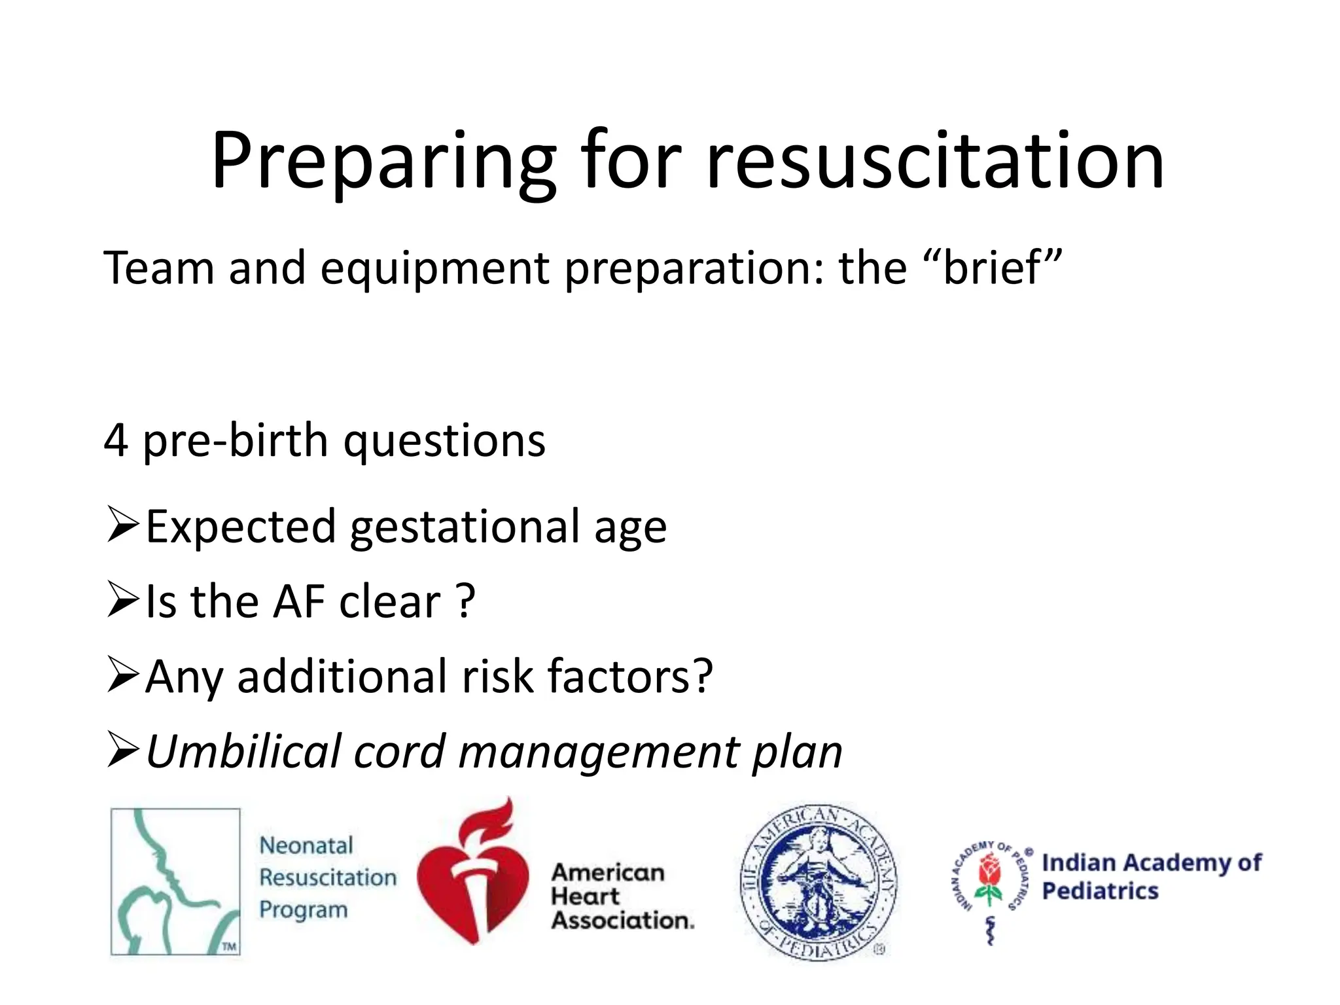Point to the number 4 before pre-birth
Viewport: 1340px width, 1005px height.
coord(116,440)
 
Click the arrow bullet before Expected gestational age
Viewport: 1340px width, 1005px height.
coord(122,525)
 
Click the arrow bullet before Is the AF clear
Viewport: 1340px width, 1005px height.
coord(122,600)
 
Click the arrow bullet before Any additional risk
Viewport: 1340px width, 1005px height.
coord(122,675)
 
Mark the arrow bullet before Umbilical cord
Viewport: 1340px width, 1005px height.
coord(122,750)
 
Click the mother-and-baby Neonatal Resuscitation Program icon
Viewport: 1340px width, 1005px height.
coord(175,881)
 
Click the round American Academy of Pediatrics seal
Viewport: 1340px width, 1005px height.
coord(818,882)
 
